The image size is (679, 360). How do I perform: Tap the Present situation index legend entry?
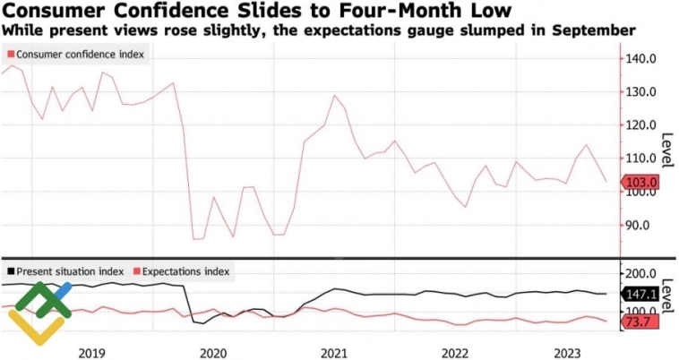pyautogui.click(x=67, y=270)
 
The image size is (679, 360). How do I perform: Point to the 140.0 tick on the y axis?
pyautogui.click(x=642, y=59)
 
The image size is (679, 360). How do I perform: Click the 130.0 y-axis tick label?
pyautogui.click(x=642, y=92)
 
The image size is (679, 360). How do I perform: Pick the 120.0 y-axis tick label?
pyautogui.click(x=642, y=125)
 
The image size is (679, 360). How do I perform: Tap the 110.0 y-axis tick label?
pyautogui.click(x=642, y=159)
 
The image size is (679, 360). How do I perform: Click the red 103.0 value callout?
pyautogui.click(x=641, y=183)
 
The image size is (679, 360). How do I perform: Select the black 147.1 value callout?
pyautogui.click(x=641, y=294)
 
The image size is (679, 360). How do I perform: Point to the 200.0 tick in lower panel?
pyautogui.click(x=642, y=273)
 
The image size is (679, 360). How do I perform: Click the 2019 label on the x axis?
pyautogui.click(x=91, y=353)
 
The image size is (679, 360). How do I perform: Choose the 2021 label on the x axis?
pyautogui.click(x=334, y=353)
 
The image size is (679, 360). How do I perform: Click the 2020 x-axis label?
pyautogui.click(x=213, y=353)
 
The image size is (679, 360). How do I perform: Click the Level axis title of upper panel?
pyautogui.click(x=666, y=150)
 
